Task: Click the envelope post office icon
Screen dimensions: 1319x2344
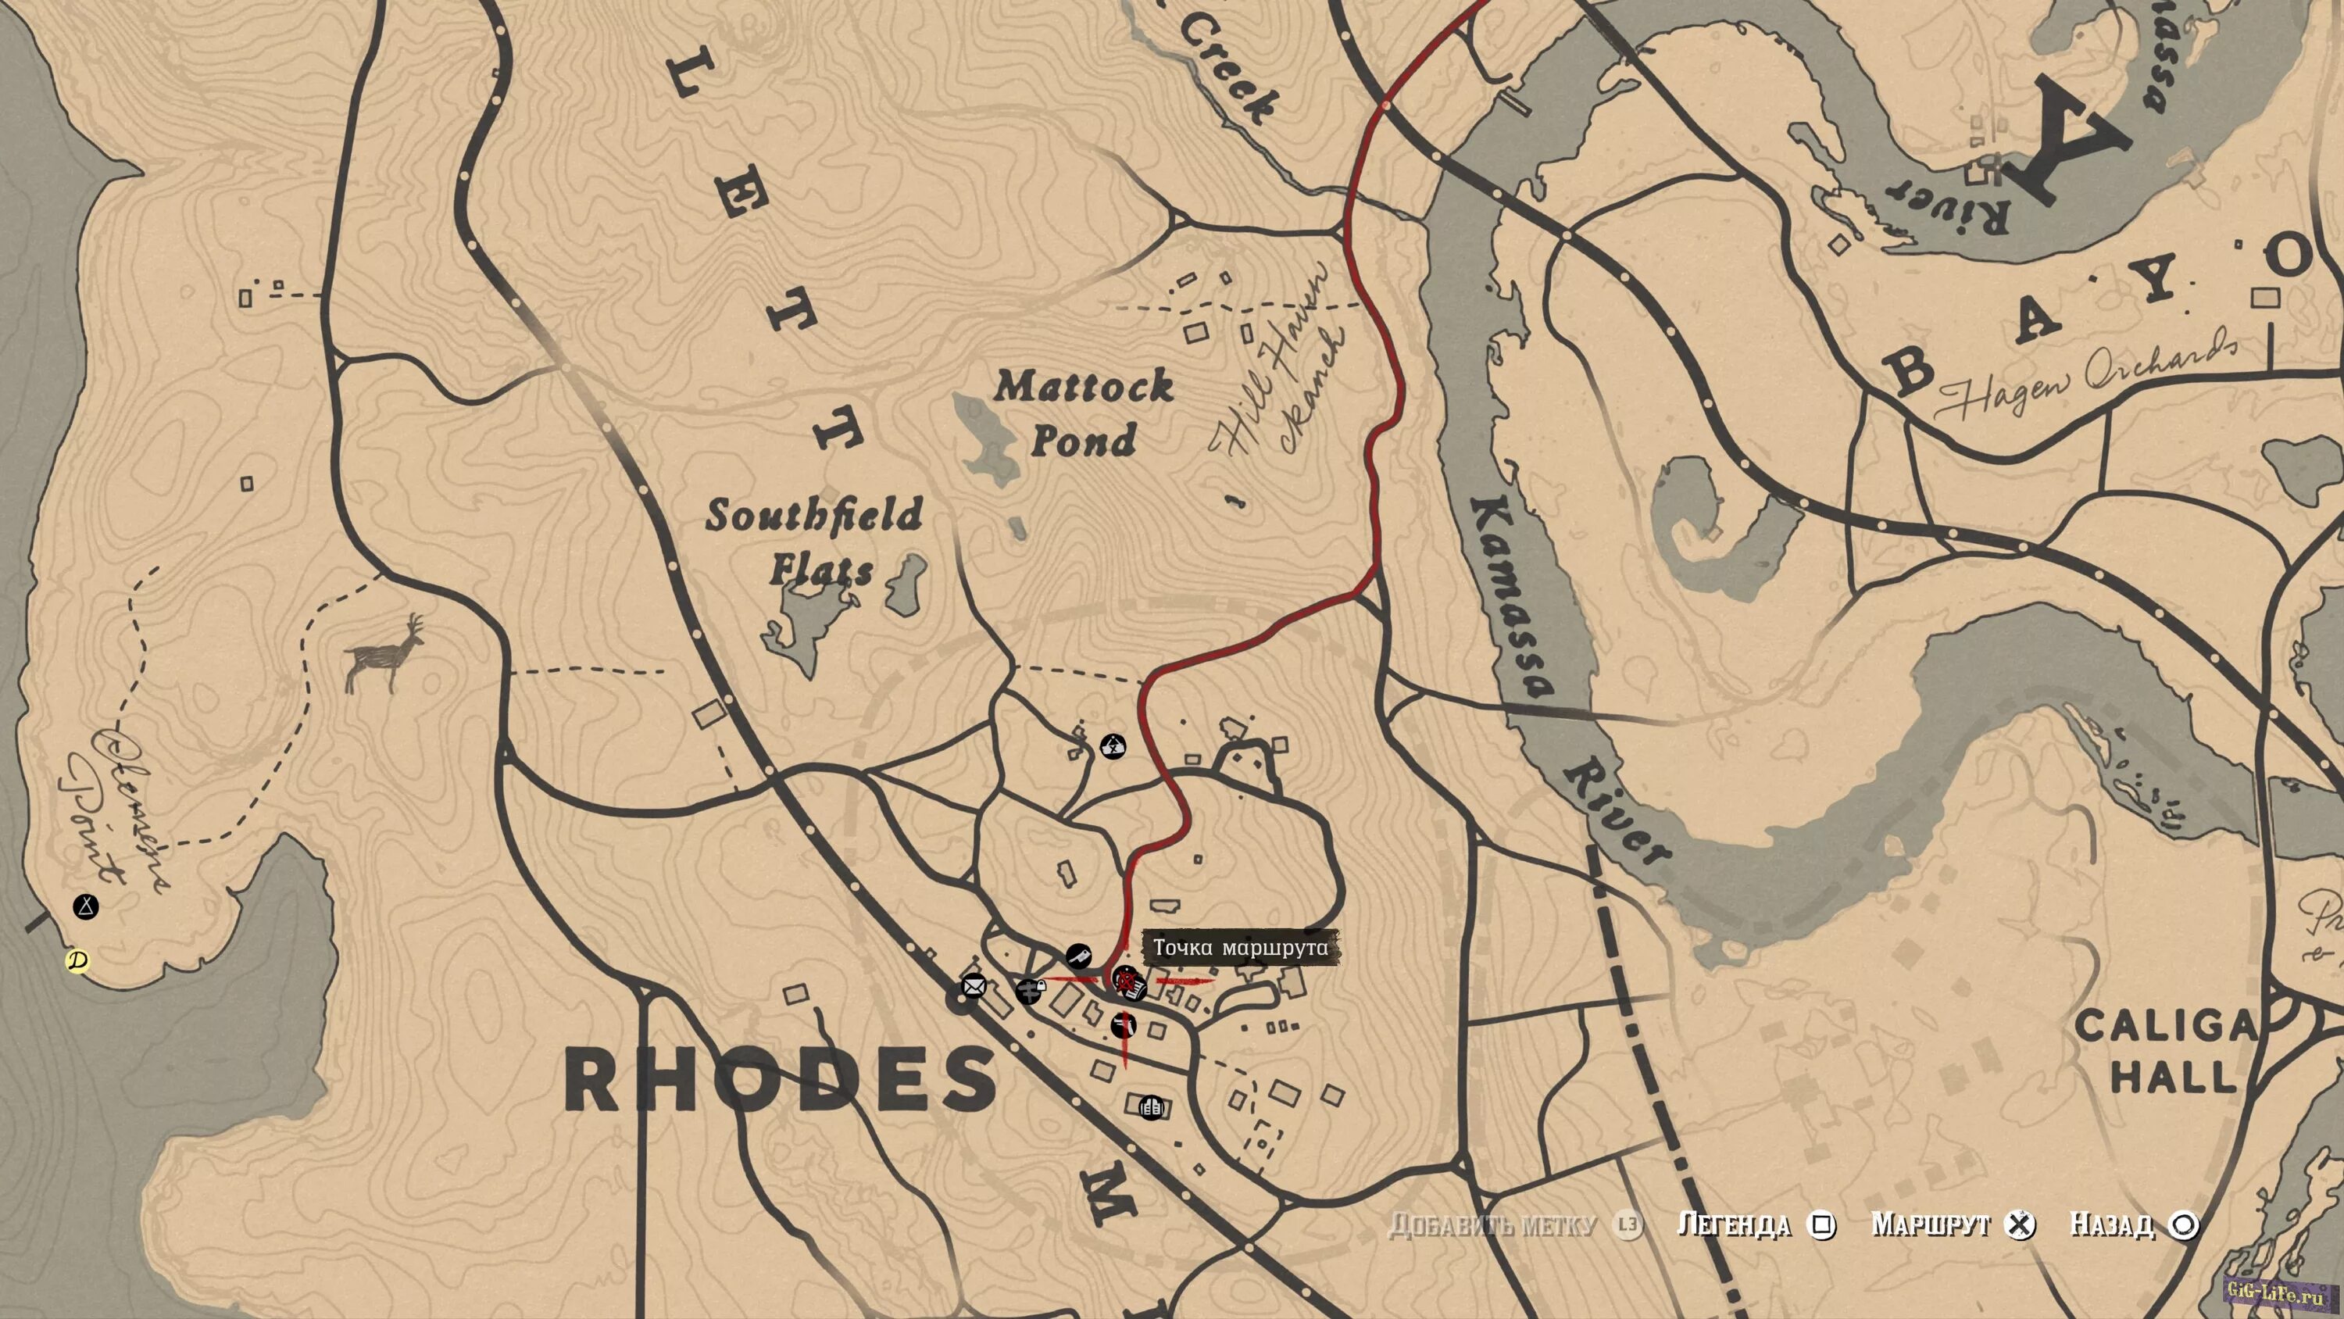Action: click(x=974, y=986)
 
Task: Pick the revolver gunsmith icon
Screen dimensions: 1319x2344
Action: click(x=1124, y=1026)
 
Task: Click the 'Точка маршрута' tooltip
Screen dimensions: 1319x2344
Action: click(x=1240, y=948)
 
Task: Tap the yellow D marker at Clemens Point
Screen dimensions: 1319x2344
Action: click(x=78, y=961)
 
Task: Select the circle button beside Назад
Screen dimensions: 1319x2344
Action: click(x=2183, y=1225)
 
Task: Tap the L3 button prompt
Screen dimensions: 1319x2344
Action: click(x=1628, y=1225)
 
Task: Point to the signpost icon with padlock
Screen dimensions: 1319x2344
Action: click(x=1030, y=990)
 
